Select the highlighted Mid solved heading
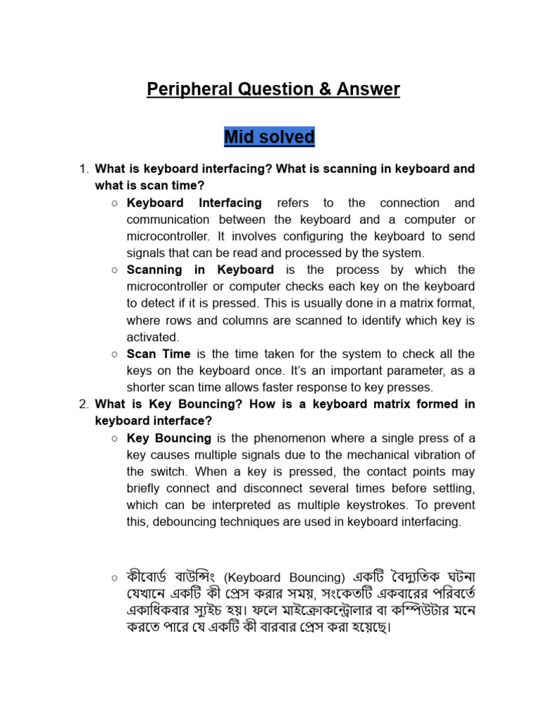(269, 137)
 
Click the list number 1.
(83, 169)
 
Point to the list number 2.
(83, 404)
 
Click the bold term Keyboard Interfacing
(194, 203)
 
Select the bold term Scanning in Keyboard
(200, 270)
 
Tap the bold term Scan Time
(159, 354)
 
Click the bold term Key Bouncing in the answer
(168, 438)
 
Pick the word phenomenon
(297, 438)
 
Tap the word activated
(152, 337)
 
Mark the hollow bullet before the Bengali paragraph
(113, 578)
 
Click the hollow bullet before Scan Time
(113, 354)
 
